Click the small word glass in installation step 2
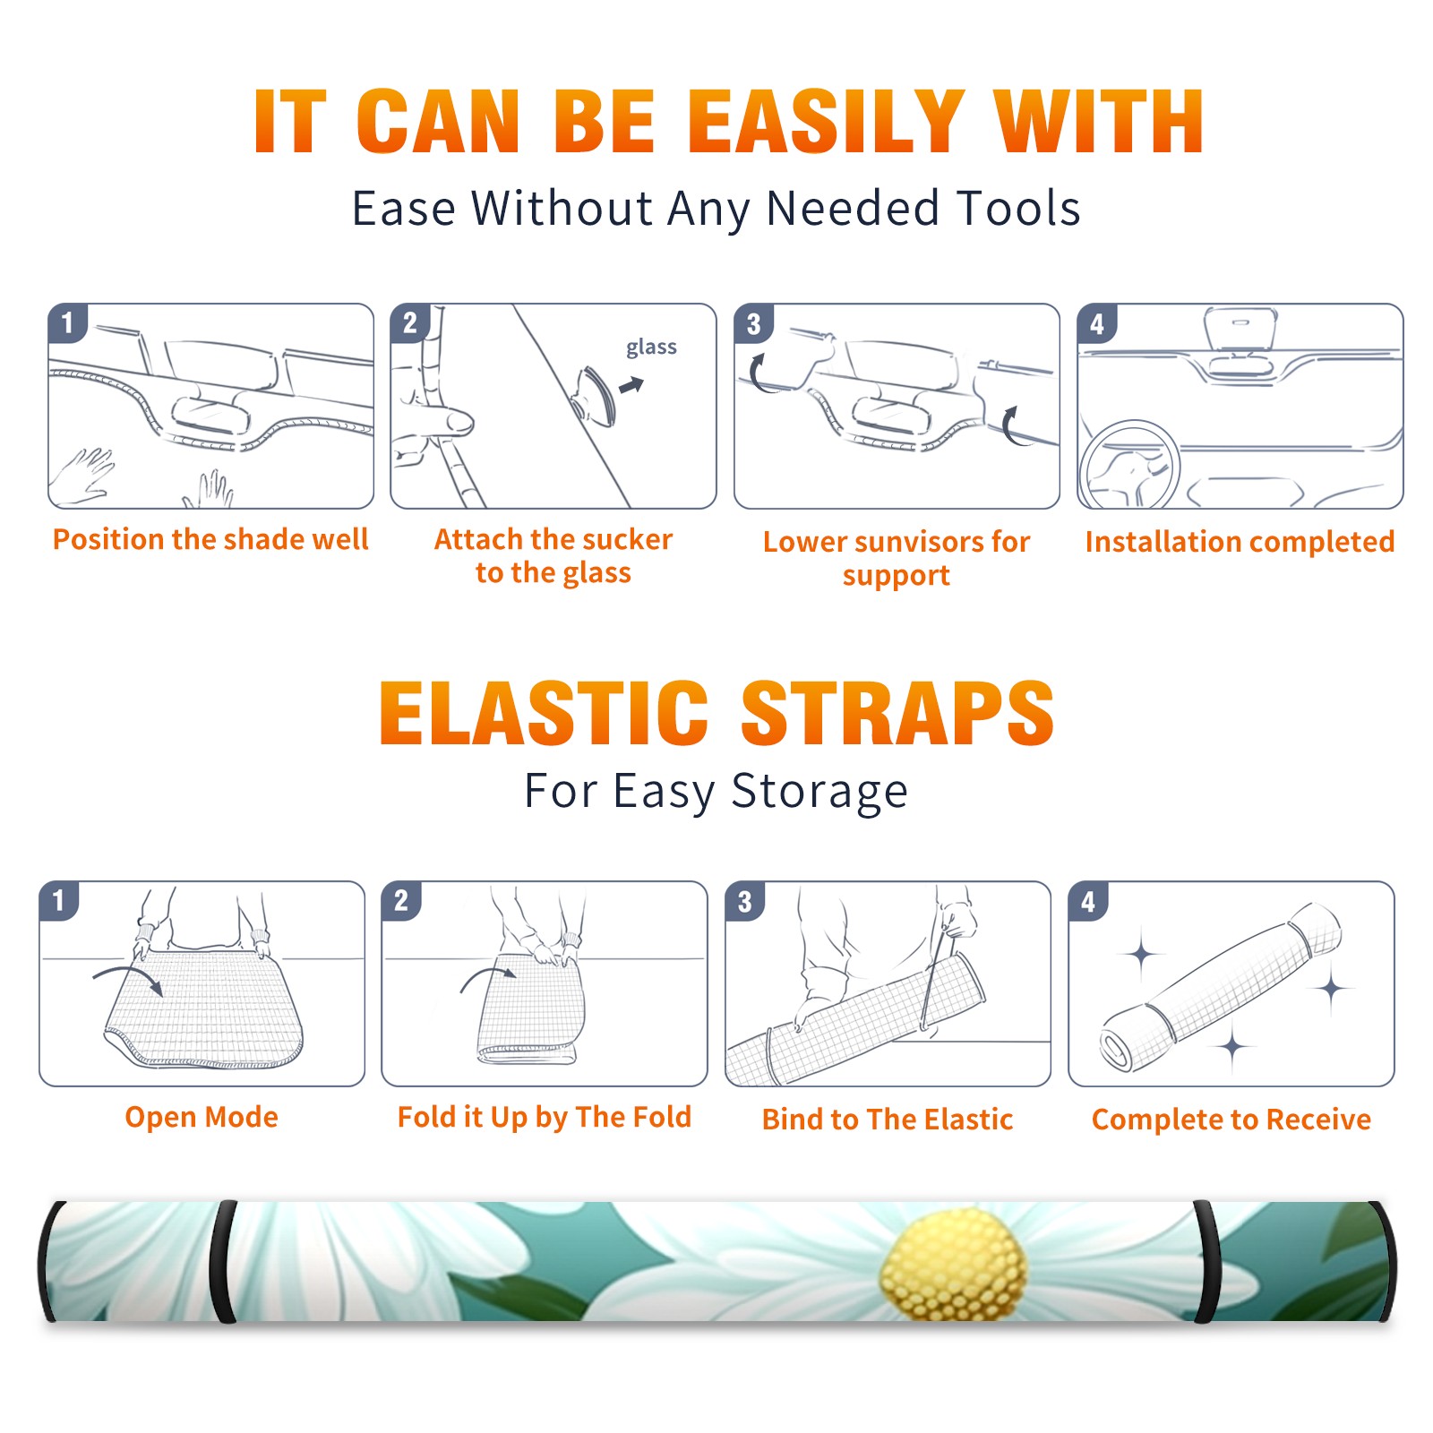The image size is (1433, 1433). coord(651,348)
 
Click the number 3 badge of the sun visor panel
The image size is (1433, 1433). coord(753,323)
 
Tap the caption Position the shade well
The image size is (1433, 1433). coord(210,539)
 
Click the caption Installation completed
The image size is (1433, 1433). coord(1240,541)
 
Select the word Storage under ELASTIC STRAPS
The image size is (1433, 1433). coord(819,792)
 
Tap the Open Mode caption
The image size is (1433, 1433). coord(202,1117)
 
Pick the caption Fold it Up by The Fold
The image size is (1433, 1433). coord(545,1117)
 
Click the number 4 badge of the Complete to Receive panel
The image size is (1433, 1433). coord(1088,901)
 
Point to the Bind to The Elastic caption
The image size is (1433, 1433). coord(888,1120)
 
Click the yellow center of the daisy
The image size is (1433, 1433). coord(954,1264)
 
